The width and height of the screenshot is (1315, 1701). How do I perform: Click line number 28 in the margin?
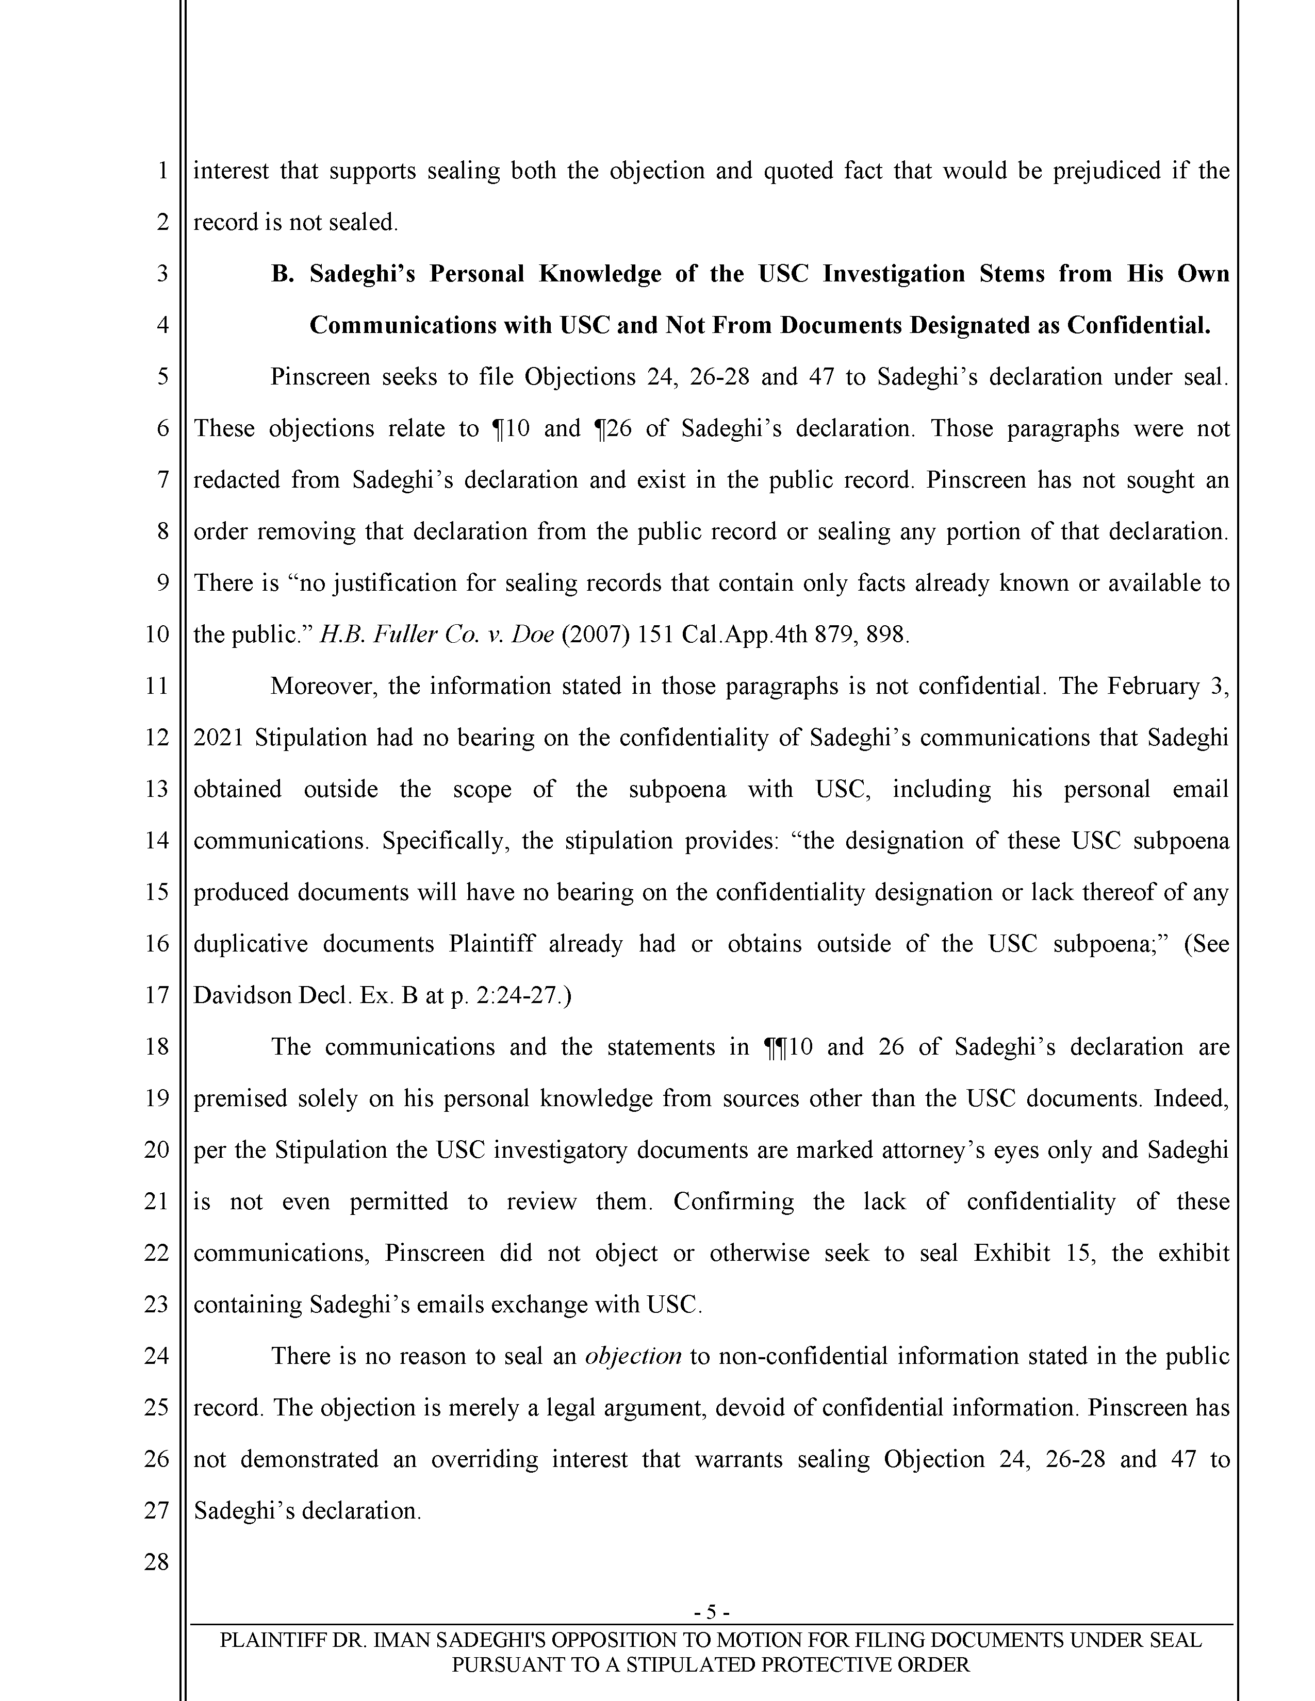coord(157,1562)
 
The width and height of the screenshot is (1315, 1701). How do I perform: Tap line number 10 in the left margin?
coord(157,634)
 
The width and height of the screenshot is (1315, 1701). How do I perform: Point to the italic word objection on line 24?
coord(633,1356)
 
